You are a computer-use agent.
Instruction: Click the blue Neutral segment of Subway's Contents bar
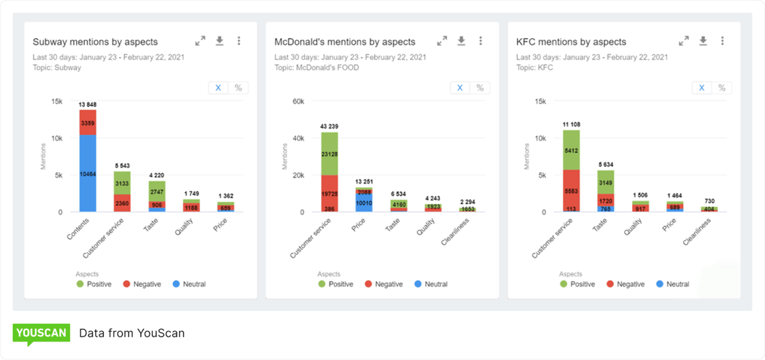pyautogui.click(x=88, y=173)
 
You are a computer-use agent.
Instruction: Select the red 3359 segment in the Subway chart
pyautogui.click(x=88, y=123)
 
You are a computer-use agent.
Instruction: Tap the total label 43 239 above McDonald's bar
pyautogui.click(x=329, y=127)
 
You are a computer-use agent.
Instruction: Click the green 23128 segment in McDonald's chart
pyautogui.click(x=329, y=154)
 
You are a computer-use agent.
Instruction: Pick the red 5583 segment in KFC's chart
pyautogui.click(x=571, y=190)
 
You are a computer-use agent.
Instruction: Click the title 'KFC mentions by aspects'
pyautogui.click(x=571, y=42)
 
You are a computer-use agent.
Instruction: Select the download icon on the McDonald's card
pyautogui.click(x=461, y=41)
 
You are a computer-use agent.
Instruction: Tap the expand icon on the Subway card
pyautogui.click(x=200, y=41)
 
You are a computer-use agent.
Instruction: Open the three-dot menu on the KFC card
pyautogui.click(x=722, y=41)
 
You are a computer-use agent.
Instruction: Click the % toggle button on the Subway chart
pyautogui.click(x=238, y=88)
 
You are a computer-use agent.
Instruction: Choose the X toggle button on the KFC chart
pyautogui.click(x=702, y=88)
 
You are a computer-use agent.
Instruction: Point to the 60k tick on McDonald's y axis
pyautogui.click(x=298, y=102)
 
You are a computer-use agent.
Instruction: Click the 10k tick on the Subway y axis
pyautogui.click(x=56, y=138)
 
